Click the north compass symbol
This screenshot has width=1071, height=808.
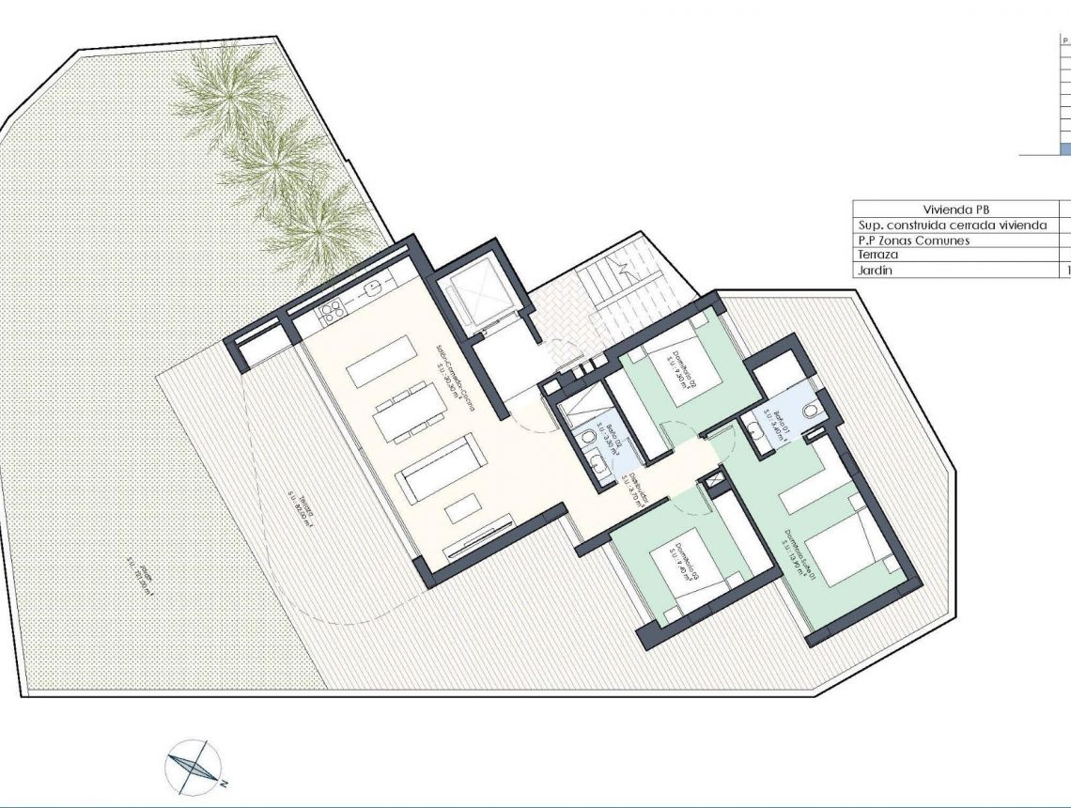[x=194, y=769]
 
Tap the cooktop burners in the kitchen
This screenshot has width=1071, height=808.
[x=332, y=311]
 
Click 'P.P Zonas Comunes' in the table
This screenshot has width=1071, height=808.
[x=913, y=241]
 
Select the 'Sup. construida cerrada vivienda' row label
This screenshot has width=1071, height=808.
[x=952, y=225]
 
